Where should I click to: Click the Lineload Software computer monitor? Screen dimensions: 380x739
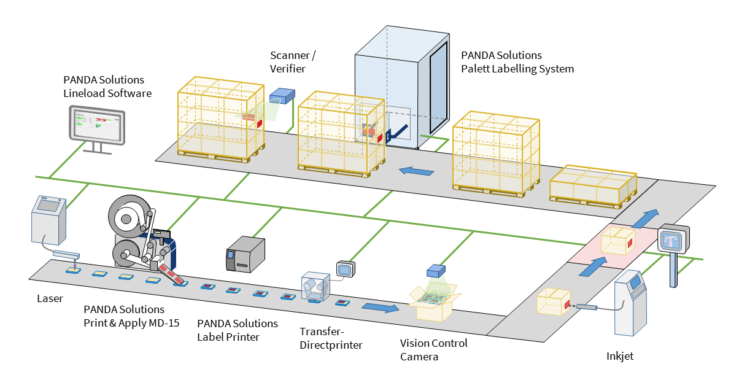(96, 125)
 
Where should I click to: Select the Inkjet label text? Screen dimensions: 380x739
(620, 355)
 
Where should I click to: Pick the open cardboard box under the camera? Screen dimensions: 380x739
(438, 303)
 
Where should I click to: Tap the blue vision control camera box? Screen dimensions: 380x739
(435, 271)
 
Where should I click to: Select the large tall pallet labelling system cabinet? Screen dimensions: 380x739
(402, 92)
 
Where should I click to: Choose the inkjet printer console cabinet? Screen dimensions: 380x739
(632, 303)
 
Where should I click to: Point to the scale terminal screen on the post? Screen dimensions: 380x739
(673, 239)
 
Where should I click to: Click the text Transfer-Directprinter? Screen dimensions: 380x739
(331, 338)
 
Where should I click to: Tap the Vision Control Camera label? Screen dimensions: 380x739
(433, 349)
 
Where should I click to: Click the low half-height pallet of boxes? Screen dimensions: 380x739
(590, 187)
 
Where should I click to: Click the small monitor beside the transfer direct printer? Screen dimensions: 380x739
(345, 269)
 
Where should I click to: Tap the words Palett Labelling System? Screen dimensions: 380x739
(517, 69)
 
